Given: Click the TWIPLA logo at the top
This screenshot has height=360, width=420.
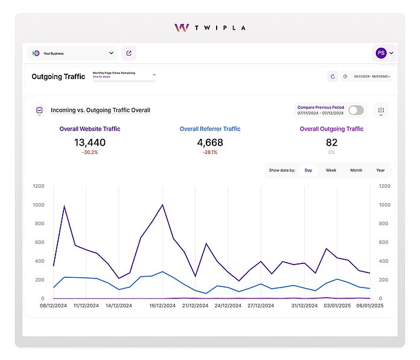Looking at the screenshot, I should click(209, 28).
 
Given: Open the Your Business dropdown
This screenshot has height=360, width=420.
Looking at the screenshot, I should click(72, 53).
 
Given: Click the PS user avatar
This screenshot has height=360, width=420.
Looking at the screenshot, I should click(381, 53).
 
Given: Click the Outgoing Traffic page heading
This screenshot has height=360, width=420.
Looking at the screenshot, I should click(58, 77).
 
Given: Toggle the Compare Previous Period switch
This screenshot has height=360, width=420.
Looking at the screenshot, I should click(356, 110).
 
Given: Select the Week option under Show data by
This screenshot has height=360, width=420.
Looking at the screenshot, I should click(331, 170).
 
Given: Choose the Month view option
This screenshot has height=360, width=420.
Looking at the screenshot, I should click(356, 170).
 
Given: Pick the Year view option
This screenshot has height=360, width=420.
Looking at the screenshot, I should click(380, 170).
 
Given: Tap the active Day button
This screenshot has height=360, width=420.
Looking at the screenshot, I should click(308, 170).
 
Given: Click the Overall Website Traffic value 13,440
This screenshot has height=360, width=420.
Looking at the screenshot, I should click(90, 143).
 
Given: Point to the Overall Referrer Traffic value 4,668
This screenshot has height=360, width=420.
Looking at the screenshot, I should click(210, 143).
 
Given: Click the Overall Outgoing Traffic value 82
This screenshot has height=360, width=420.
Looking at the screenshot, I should click(331, 143).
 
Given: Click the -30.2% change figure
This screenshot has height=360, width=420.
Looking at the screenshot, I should click(90, 153).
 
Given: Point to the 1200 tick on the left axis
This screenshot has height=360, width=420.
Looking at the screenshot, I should click(39, 186).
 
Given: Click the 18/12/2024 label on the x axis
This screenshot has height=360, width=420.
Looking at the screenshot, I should click(162, 306).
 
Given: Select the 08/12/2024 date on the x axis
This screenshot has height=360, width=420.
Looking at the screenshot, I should click(53, 306).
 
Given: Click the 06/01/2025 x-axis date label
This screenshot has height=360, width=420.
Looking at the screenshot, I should click(369, 306).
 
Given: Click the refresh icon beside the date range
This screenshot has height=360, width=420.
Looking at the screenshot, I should click(332, 77).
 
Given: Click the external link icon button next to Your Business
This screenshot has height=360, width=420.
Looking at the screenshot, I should click(129, 53).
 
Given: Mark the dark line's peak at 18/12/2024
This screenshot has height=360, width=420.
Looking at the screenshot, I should click(162, 205).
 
